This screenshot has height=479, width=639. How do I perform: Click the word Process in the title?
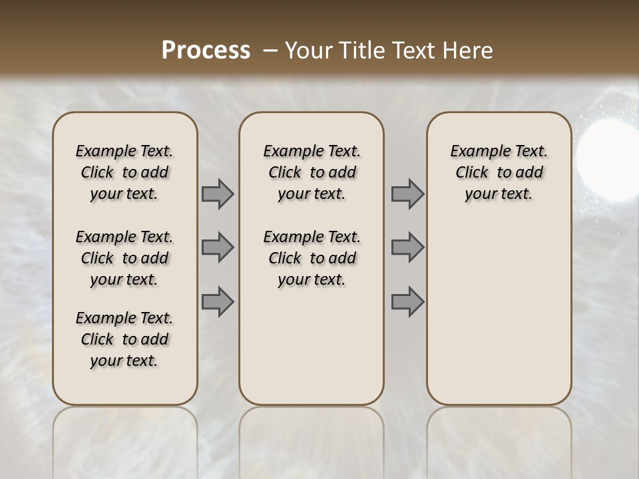[206, 51]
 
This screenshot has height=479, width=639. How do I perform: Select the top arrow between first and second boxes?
[218, 194]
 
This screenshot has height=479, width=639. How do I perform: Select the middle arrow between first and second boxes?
[218, 247]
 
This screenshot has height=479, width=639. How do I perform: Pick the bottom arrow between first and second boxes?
[218, 302]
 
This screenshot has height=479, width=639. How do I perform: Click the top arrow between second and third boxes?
[407, 194]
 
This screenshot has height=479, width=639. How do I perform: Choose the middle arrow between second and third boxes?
[407, 247]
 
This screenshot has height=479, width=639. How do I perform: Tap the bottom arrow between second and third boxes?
[407, 302]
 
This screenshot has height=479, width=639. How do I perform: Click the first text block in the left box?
[124, 172]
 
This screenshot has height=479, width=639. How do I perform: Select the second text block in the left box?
[124, 258]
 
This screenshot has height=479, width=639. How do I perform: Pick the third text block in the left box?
[124, 339]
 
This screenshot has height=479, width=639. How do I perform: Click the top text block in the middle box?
[312, 172]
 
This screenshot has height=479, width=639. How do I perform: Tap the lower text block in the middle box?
[312, 258]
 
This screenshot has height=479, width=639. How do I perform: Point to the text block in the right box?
[499, 172]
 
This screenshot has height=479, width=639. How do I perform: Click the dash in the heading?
[270, 51]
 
